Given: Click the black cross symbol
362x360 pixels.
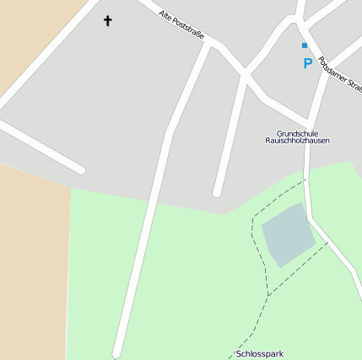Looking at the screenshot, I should (107, 19).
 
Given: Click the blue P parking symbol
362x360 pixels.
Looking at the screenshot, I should (308, 63).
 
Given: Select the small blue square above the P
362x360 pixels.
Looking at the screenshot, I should (305, 46).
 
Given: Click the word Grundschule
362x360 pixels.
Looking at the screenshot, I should (302, 132).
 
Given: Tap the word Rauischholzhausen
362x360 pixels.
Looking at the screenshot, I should (291, 141).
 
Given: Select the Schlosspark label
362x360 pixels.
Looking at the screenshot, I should (261, 354).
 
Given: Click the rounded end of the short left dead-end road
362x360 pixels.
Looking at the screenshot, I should (80, 169).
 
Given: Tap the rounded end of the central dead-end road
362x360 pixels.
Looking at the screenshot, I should (217, 192).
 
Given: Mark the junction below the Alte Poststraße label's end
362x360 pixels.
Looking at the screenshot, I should (209, 44).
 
